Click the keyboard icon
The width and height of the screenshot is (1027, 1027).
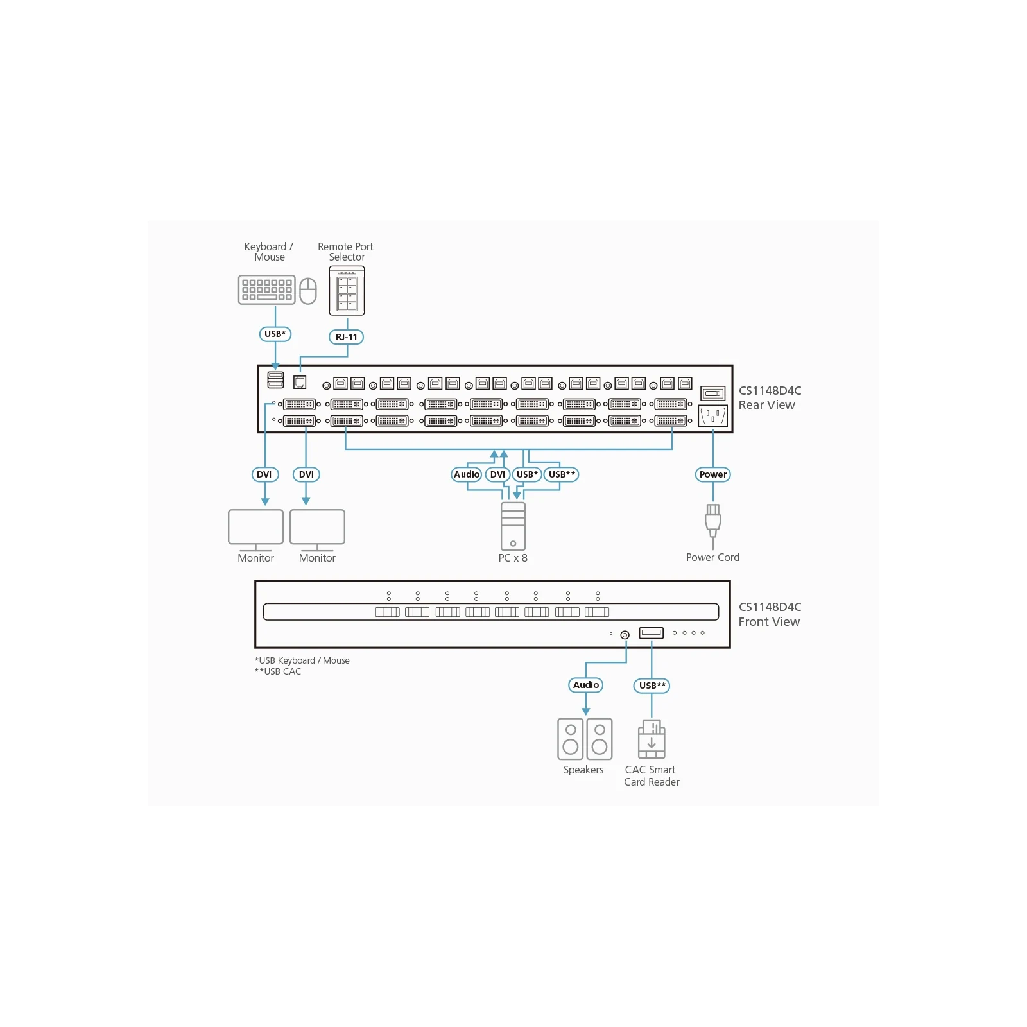266,289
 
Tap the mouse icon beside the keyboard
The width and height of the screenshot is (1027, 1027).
308,291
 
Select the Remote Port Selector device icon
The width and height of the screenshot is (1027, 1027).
347,290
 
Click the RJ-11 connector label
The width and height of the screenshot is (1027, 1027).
347,337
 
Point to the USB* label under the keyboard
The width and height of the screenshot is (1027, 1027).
275,334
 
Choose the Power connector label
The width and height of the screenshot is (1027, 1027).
713,474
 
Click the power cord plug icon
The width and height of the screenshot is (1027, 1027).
712,521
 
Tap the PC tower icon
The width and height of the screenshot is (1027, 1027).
513,526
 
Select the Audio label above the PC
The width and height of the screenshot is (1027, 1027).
467,474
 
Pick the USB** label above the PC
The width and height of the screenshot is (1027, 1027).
562,474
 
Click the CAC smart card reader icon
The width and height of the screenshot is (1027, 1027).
652,739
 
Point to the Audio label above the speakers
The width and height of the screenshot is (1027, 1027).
586,685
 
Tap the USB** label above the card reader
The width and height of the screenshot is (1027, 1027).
652,686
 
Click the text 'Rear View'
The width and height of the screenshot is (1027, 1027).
766,405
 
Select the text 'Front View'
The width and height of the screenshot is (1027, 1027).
769,621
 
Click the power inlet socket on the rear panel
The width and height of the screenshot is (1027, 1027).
712,416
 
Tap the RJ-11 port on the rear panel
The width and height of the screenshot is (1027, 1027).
300,382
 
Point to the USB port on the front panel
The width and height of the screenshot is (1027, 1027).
652,633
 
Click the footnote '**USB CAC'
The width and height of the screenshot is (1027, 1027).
278,671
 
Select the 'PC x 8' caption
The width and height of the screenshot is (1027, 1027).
513,558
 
